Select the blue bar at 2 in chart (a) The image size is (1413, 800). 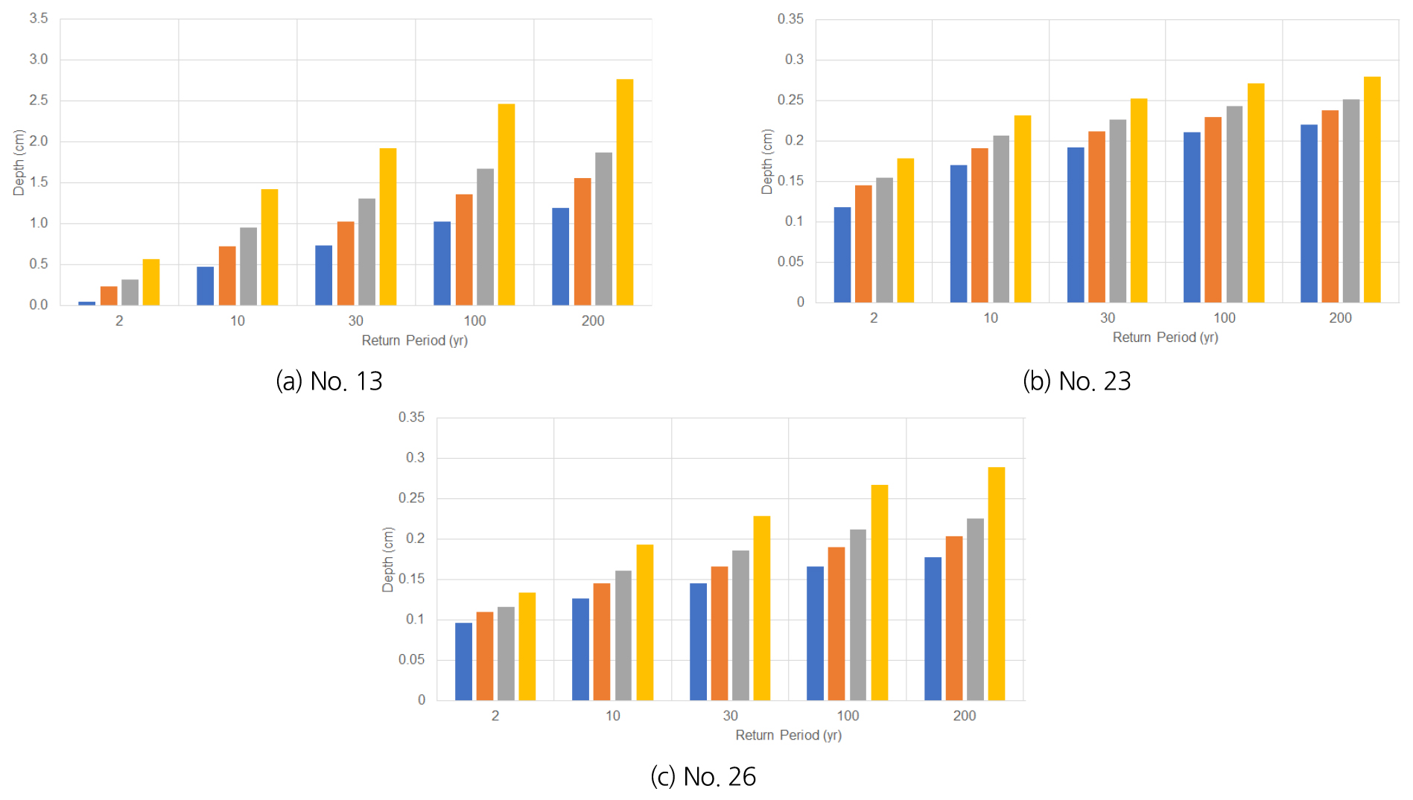[86, 303]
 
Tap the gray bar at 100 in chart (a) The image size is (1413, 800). [485, 237]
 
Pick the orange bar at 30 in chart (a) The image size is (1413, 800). [346, 263]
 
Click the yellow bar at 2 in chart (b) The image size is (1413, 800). [905, 230]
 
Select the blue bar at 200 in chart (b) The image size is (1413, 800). [1309, 214]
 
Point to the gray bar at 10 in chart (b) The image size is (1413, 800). [1001, 219]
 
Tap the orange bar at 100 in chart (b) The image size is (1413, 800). [1213, 210]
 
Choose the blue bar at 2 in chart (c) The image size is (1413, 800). [463, 661]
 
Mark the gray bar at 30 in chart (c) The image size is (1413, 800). [740, 625]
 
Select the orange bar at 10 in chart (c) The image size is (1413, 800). [601, 641]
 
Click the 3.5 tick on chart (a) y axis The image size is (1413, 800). [39, 19]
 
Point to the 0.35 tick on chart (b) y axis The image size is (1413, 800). [790, 19]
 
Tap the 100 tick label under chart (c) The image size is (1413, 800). [848, 716]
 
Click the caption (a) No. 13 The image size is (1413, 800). [328, 381]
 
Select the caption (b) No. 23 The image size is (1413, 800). [1076, 381]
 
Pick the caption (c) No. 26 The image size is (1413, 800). [702, 777]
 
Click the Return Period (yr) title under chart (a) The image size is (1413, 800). [414, 340]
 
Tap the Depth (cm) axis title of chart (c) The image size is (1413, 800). [387, 559]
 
